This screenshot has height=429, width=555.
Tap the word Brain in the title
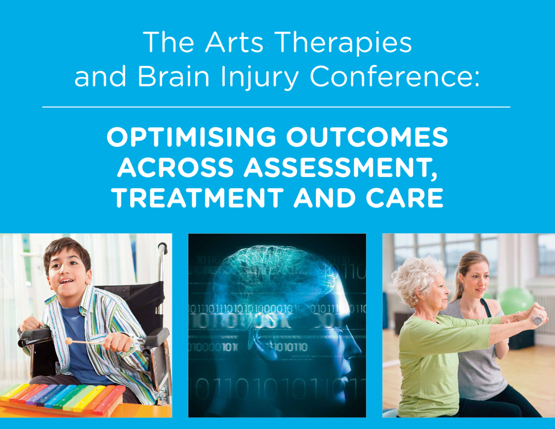[x=173, y=76]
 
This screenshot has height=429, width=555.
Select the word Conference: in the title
[x=394, y=76]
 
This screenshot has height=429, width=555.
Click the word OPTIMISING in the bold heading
[x=191, y=137]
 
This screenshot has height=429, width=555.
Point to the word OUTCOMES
[x=367, y=137]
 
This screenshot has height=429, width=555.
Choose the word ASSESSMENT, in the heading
[x=340, y=167]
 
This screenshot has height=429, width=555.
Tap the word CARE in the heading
[x=405, y=197]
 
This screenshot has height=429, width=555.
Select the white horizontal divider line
[x=276, y=106]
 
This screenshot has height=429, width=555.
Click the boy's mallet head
[x=69, y=341]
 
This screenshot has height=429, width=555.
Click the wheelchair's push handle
[x=163, y=247]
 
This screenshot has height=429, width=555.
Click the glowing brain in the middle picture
[x=274, y=274]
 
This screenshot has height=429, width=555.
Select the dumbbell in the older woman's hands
[x=538, y=320]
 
